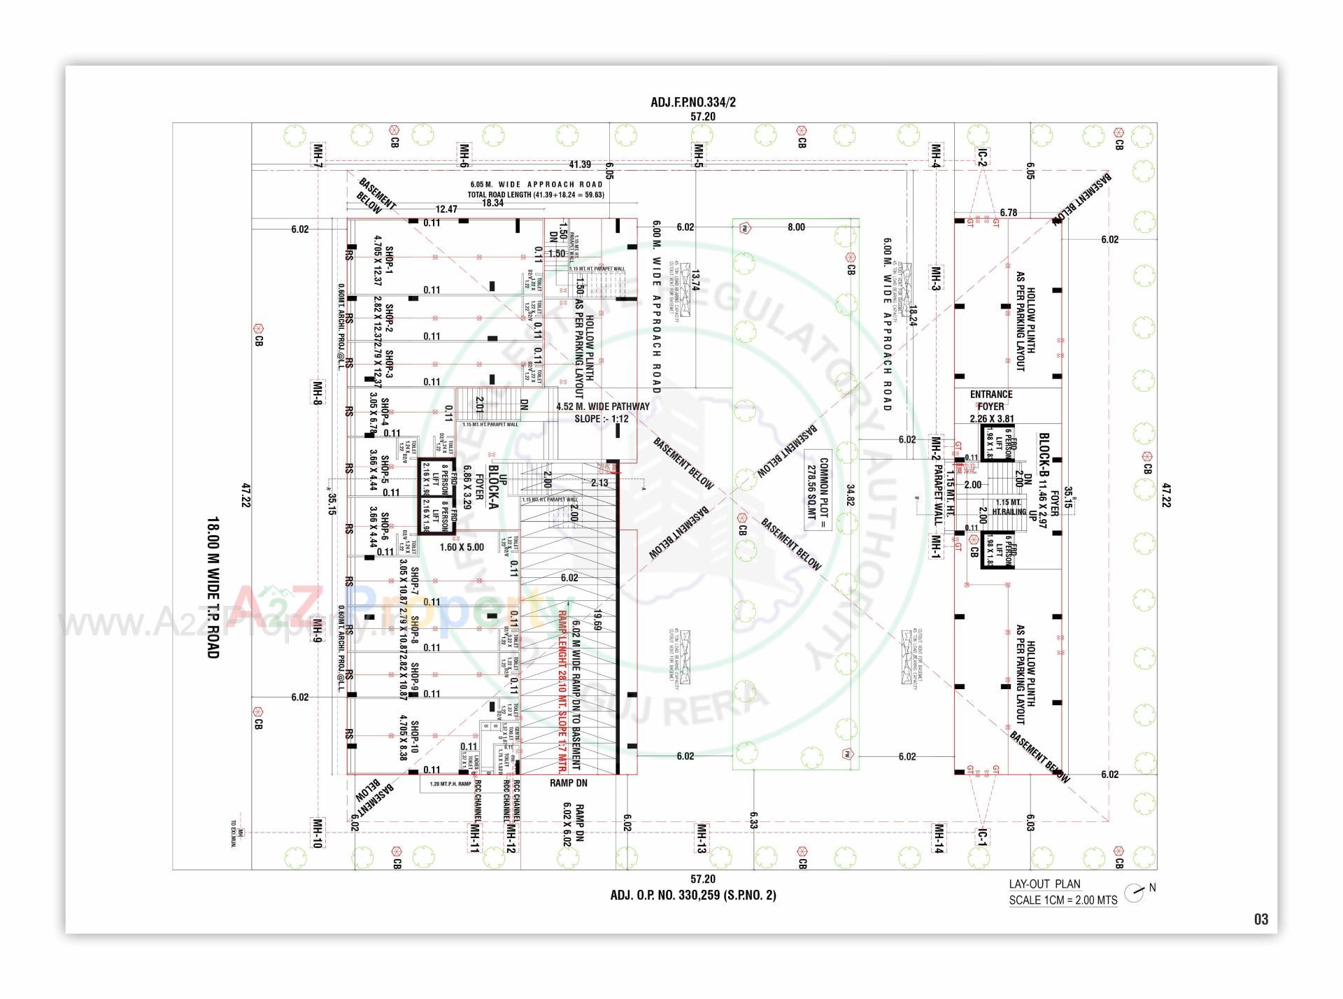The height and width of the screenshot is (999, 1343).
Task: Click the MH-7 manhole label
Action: pyautogui.click(x=318, y=155)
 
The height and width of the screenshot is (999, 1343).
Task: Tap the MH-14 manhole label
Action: pyautogui.click(x=939, y=838)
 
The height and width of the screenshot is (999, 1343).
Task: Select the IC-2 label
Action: pyautogui.click(x=983, y=157)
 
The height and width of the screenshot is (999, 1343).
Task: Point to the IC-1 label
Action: pyautogui.click(x=982, y=837)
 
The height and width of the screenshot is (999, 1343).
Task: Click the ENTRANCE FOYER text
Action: pyautogui.click(x=990, y=400)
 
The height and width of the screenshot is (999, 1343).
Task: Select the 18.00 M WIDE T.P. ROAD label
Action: pyautogui.click(x=213, y=588)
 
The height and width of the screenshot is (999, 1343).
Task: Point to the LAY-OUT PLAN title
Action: pyautogui.click(x=1044, y=884)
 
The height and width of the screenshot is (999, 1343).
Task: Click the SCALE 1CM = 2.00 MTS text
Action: pyautogui.click(x=1063, y=900)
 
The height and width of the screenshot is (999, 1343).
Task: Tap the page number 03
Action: pyautogui.click(x=1260, y=919)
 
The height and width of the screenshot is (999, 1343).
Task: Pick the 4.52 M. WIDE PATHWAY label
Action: pyautogui.click(x=602, y=406)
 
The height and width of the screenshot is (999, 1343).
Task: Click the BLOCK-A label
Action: pyautogui.click(x=494, y=486)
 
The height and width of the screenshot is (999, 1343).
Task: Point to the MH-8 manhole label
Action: pyautogui.click(x=318, y=392)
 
